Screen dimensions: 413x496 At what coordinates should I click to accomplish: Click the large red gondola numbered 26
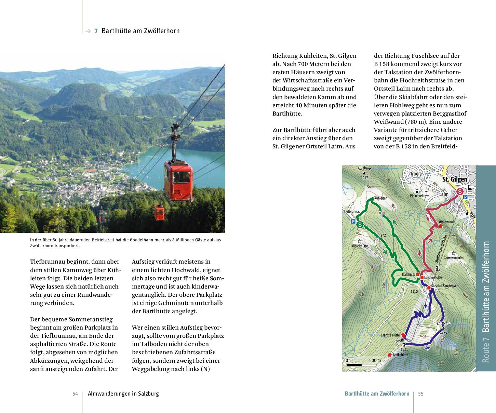click(178, 180)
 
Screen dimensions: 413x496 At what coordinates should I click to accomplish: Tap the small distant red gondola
click(159, 212)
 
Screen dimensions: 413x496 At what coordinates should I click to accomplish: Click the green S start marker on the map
click(360, 225)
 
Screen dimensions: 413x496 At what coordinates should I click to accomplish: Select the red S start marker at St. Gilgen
click(460, 192)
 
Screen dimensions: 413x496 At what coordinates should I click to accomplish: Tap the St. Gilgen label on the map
click(455, 179)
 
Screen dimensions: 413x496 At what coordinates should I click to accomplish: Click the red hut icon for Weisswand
click(441, 226)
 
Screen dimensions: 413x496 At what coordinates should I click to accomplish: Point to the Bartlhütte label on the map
click(408, 274)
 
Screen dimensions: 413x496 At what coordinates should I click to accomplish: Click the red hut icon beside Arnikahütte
click(389, 355)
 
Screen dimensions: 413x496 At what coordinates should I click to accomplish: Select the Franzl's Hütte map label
click(391, 335)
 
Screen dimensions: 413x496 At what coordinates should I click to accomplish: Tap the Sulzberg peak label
click(364, 169)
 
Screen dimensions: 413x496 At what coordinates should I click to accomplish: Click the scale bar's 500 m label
click(375, 360)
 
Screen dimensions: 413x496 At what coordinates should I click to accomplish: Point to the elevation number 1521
click(404, 349)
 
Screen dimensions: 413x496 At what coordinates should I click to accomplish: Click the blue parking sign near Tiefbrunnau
click(353, 222)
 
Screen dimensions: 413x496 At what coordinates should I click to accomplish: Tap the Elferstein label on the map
click(443, 323)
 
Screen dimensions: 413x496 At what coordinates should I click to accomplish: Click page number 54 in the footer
click(75, 394)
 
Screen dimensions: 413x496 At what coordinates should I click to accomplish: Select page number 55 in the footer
click(421, 394)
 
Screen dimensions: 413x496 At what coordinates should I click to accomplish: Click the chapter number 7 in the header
click(96, 31)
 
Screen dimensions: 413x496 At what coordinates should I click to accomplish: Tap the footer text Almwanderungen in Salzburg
click(123, 394)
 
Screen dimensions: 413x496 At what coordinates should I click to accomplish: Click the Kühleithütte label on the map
click(360, 246)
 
